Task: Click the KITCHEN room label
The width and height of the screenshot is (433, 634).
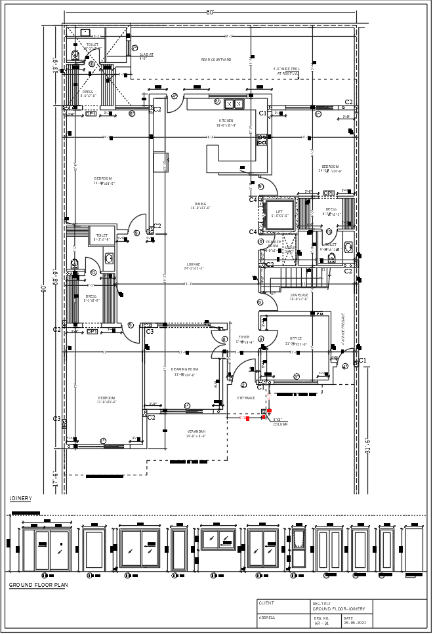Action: point(225,121)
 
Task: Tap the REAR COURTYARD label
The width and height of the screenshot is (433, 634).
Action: point(216,60)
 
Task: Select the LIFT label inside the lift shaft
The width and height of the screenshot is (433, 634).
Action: point(279,212)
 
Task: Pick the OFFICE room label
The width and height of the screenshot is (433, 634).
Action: point(296,339)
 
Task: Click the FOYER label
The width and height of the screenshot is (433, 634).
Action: point(244,337)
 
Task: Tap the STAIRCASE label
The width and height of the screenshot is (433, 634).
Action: point(299,295)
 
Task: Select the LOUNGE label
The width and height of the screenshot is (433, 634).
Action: point(193,264)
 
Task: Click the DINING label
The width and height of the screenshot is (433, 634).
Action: point(200,204)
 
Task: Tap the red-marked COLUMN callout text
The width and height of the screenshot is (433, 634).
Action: point(280,424)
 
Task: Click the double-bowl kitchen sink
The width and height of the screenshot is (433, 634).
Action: point(232,103)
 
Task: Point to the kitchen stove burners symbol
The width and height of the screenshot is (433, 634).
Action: point(262,139)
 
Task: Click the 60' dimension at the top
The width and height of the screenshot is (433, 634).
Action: point(211,12)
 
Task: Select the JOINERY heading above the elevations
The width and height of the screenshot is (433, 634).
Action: point(20,498)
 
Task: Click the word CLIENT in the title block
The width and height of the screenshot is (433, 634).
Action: point(266,603)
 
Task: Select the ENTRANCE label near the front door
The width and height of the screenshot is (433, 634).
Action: point(246,397)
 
